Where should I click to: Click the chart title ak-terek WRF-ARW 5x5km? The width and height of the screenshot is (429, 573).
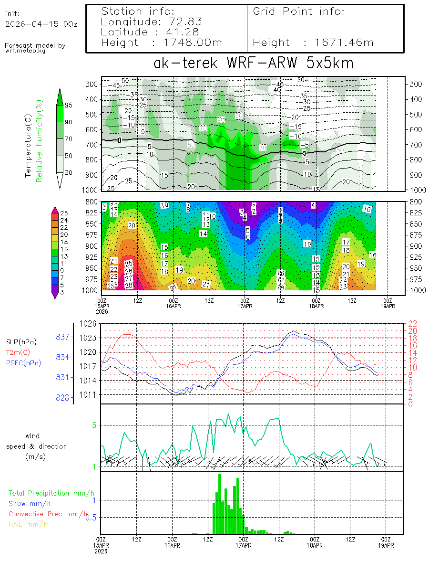click(x=253, y=63)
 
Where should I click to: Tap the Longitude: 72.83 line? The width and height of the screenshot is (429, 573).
click(x=152, y=21)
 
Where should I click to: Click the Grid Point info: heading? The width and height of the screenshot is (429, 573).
click(x=298, y=11)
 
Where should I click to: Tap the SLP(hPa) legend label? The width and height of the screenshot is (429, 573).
click(x=21, y=342)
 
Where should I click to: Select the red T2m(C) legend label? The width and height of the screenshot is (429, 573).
click(x=17, y=352)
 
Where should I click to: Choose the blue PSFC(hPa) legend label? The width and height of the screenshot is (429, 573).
click(x=24, y=363)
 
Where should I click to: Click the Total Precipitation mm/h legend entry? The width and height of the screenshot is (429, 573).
click(x=51, y=493)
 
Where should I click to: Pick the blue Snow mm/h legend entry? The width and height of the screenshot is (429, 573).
click(x=30, y=503)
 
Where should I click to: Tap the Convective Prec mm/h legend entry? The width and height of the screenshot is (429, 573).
click(x=48, y=514)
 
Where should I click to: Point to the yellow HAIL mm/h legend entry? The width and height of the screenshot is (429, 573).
click(x=28, y=524)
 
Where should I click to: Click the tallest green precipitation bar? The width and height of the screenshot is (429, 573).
click(x=220, y=504)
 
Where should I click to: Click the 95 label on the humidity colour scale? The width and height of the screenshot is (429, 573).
click(x=69, y=105)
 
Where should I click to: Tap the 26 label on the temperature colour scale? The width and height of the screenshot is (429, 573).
click(x=65, y=213)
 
